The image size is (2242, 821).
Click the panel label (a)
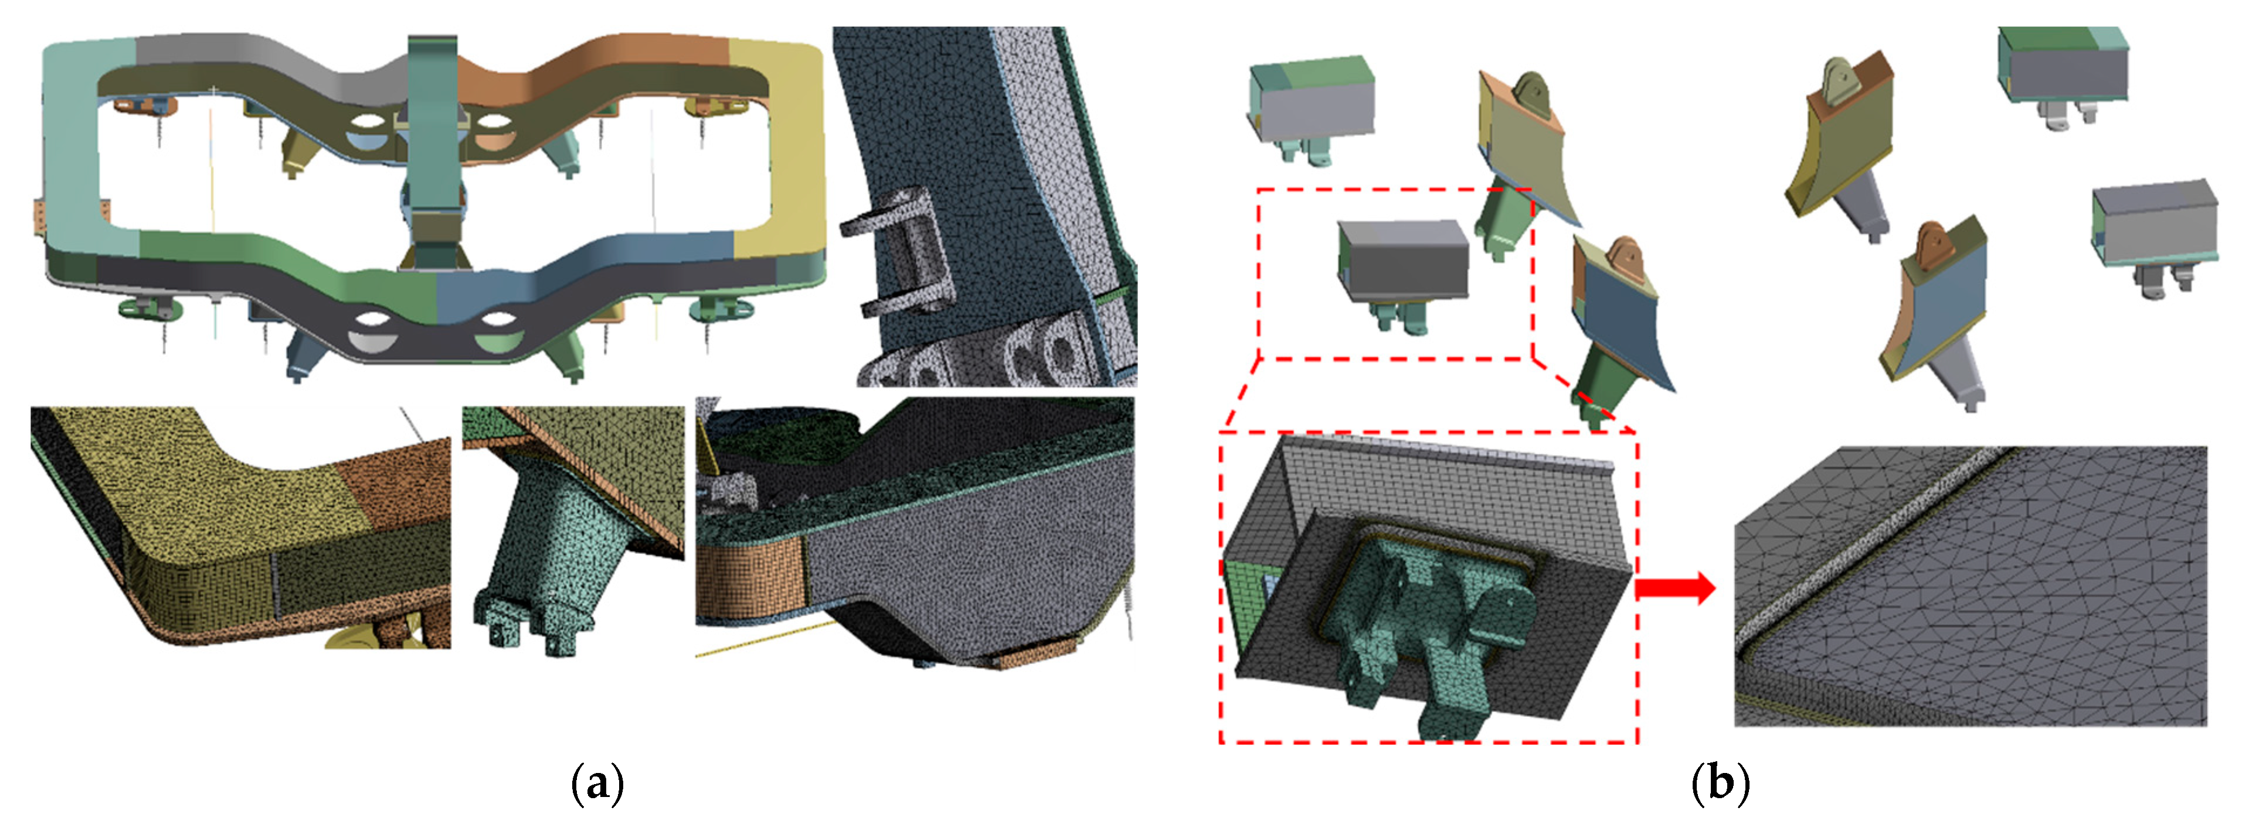[x=597, y=784]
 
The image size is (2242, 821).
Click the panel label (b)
[x=1720, y=784]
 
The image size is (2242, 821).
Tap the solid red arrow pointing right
[x=1676, y=589]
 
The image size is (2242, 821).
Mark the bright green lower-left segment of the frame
[x=287, y=261]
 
